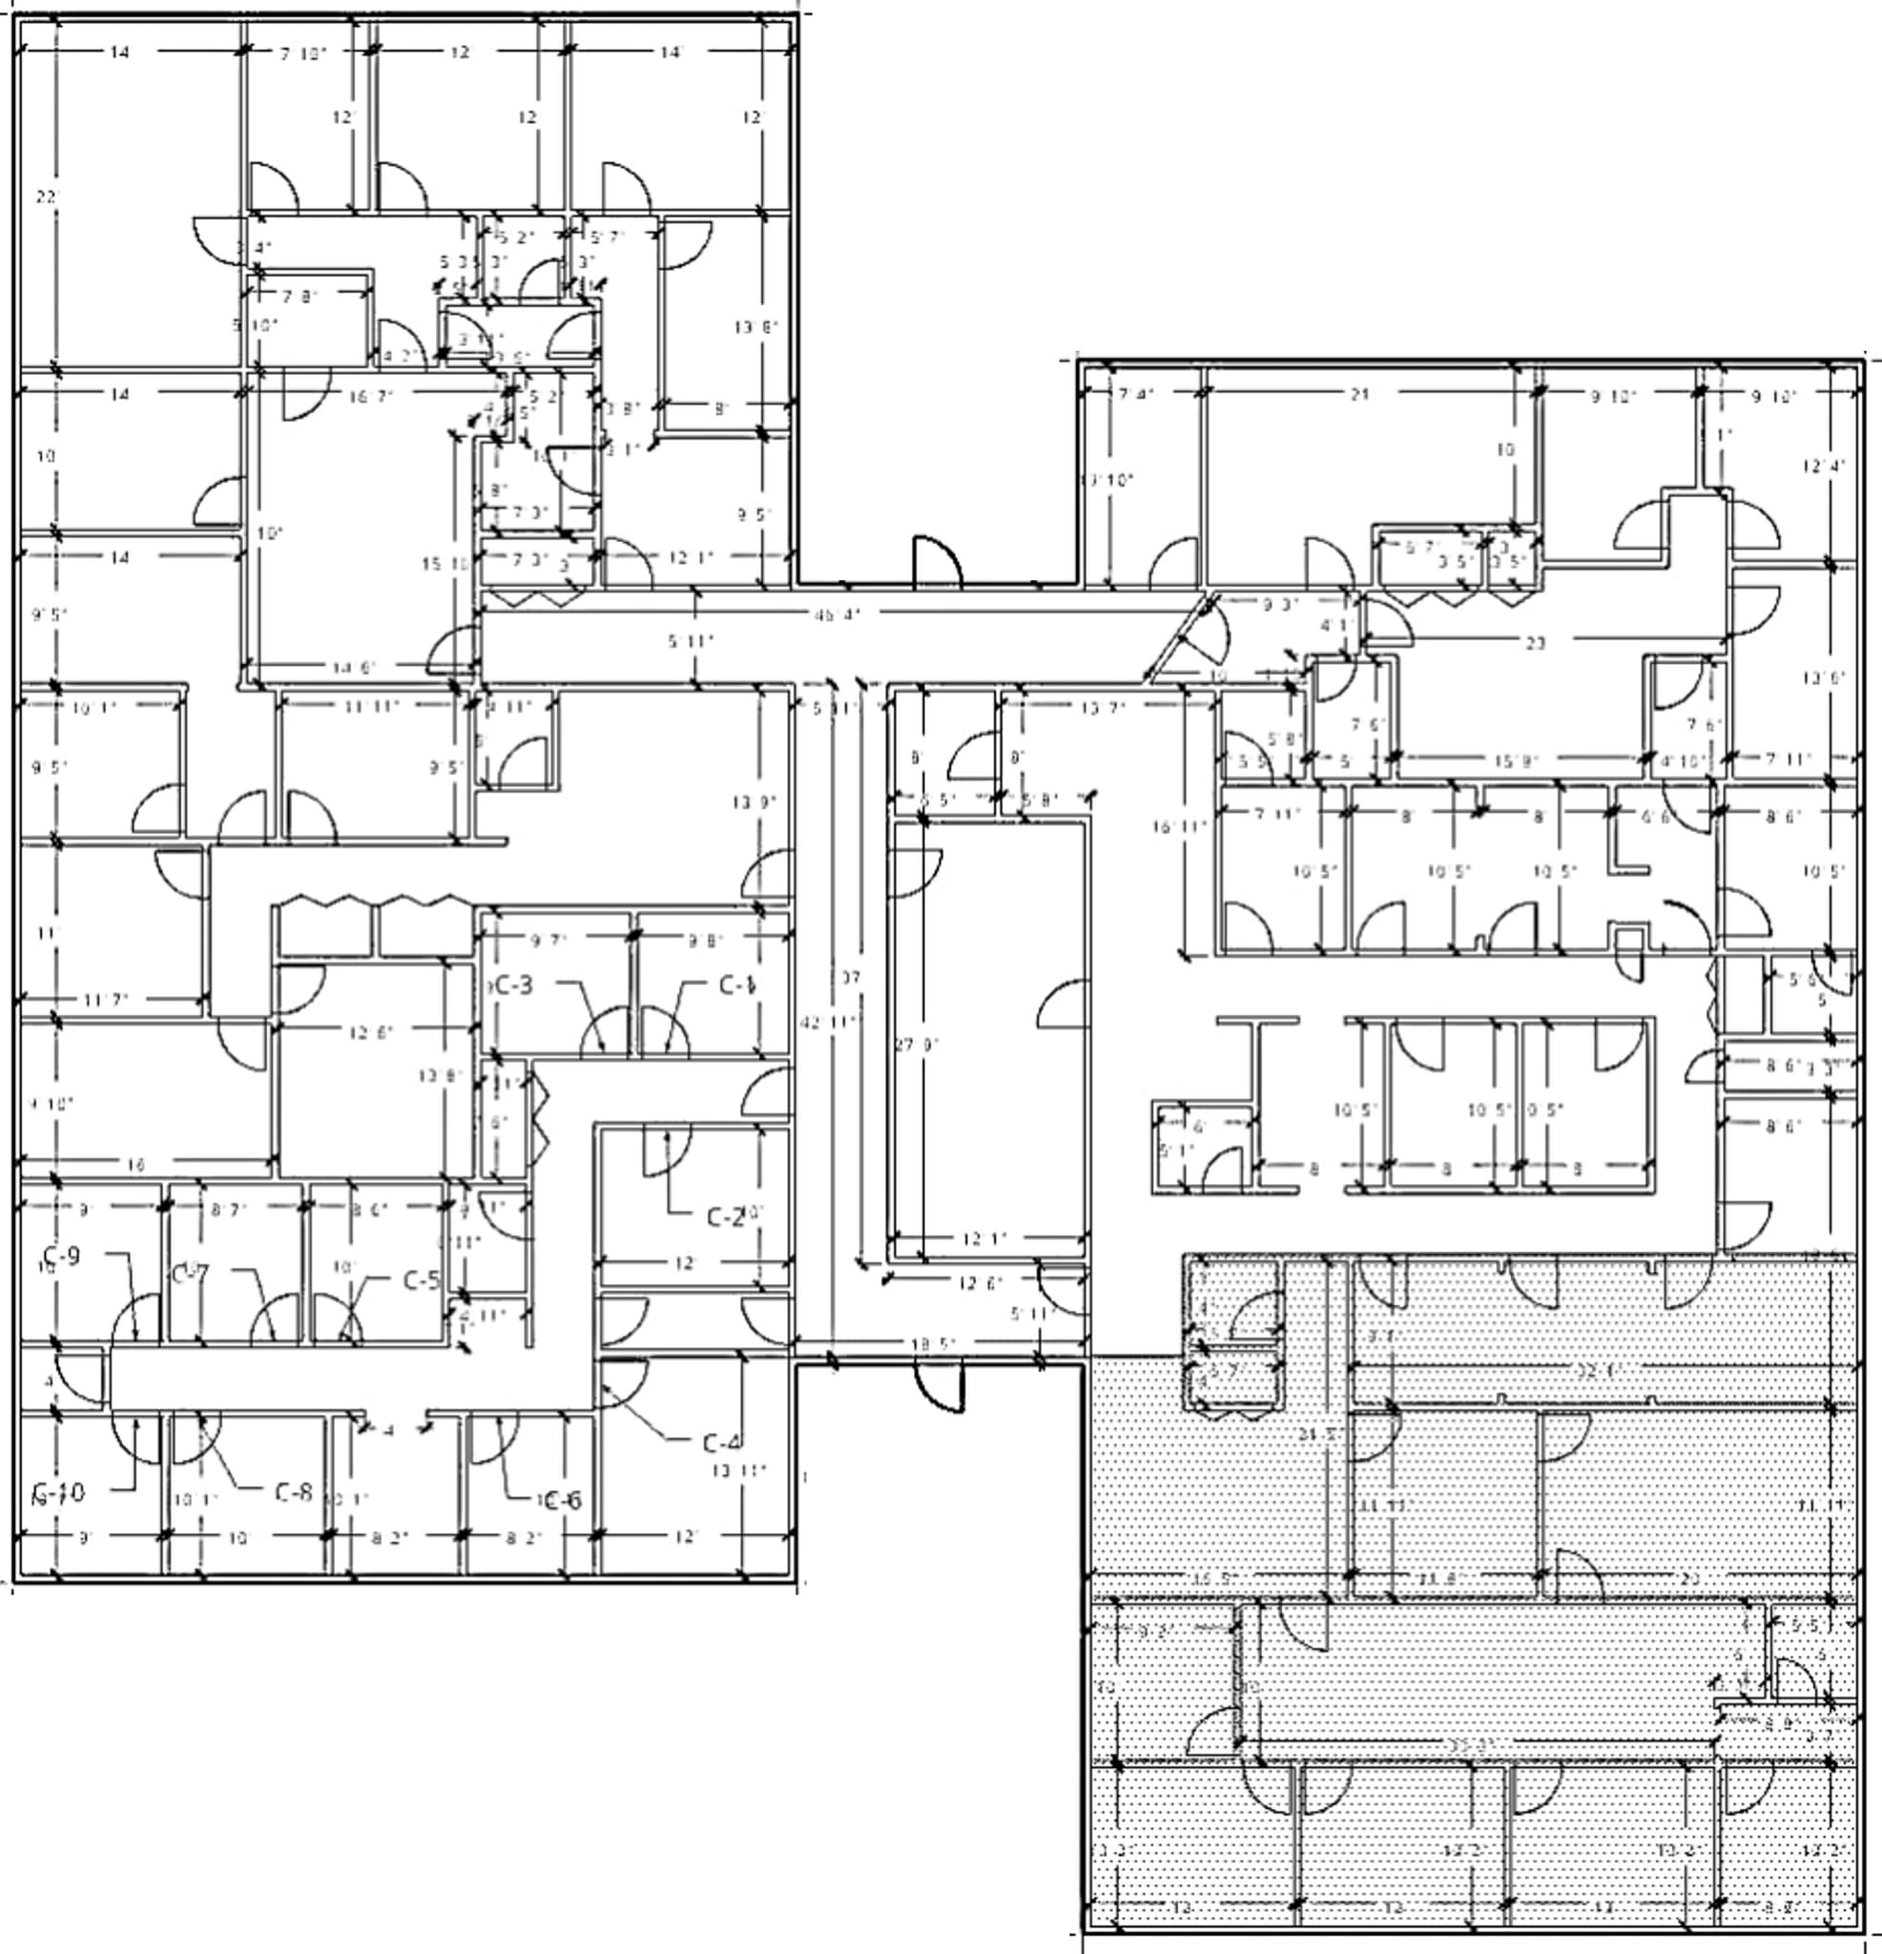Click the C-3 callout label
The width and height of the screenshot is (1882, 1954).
click(513, 985)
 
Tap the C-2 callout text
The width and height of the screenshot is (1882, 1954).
click(726, 1217)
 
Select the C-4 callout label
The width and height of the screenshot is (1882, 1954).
click(722, 1443)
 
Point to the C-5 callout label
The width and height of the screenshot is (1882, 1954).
click(422, 1280)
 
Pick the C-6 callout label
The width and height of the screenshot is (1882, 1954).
click(562, 1500)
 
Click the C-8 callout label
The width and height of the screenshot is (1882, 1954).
click(294, 1492)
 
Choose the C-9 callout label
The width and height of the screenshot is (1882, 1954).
click(62, 1257)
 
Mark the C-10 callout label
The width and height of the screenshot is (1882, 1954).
click(60, 1492)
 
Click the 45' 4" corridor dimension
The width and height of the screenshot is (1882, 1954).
click(837, 615)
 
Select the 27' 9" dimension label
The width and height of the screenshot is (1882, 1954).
click(917, 1045)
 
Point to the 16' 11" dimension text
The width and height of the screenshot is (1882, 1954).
click(1179, 825)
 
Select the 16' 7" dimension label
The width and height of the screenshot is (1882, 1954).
click(371, 396)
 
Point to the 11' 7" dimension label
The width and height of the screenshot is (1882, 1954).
click(106, 999)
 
